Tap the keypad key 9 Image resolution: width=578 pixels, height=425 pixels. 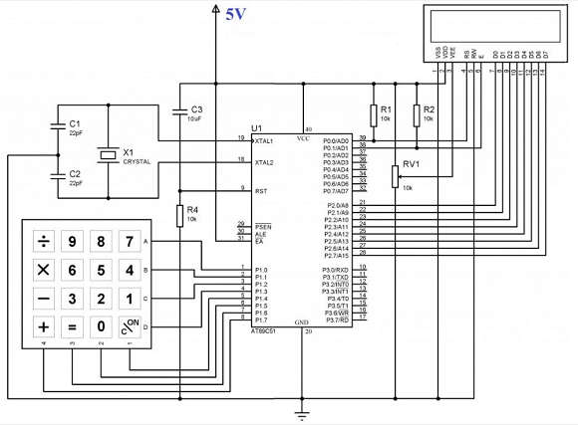72,241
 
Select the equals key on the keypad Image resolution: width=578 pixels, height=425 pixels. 72,325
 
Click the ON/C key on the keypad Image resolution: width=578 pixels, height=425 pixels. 130,325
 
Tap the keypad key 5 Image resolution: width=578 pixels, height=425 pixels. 101,270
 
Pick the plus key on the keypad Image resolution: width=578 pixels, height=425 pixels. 44,325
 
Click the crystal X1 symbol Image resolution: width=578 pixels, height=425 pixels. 108,154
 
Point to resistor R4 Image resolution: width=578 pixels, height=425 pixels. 179,214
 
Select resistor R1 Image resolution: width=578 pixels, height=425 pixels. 374,112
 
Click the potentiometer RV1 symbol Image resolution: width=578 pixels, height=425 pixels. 396,176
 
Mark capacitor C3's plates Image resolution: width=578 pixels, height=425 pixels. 179,109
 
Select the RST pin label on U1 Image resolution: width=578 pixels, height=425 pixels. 262,189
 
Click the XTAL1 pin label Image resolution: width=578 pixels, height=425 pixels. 264,141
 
